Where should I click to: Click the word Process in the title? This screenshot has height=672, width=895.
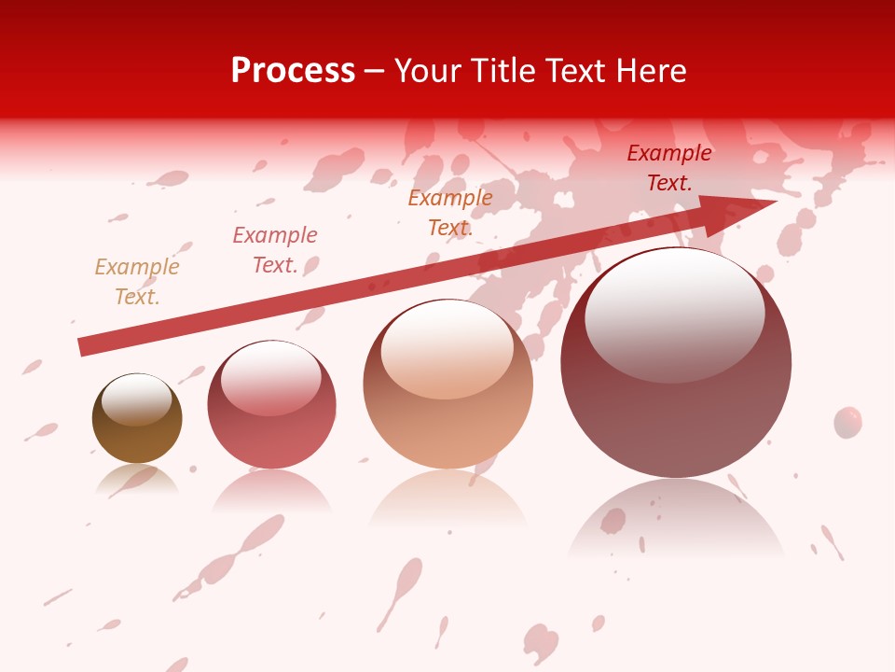point(293,71)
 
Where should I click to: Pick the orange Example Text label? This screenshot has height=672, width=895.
point(450,212)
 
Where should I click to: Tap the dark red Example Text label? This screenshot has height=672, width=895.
point(669,168)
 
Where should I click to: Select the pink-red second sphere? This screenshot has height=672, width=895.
point(271,429)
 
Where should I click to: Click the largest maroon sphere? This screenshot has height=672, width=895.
point(676,411)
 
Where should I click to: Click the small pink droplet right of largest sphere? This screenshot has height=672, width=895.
point(847,422)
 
